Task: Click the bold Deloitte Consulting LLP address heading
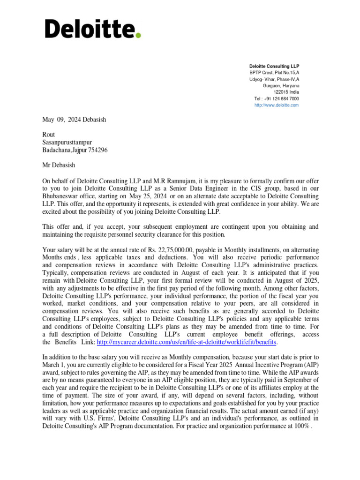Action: pos(274,67)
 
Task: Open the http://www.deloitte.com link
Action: pos(276,105)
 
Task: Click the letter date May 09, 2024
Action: pos(62,120)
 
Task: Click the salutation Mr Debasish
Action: pos(59,165)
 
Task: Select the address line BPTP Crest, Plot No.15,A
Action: pos(274,73)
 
